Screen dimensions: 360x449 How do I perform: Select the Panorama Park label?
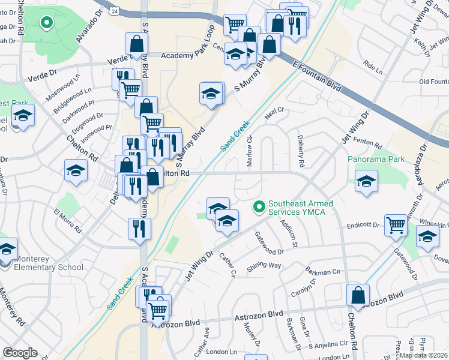[x=376, y=160]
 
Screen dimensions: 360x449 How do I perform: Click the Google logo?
[x=20, y=353]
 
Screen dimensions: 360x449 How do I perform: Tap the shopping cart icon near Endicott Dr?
[x=396, y=225]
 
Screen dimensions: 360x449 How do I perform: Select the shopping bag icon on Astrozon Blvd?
[x=358, y=295]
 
